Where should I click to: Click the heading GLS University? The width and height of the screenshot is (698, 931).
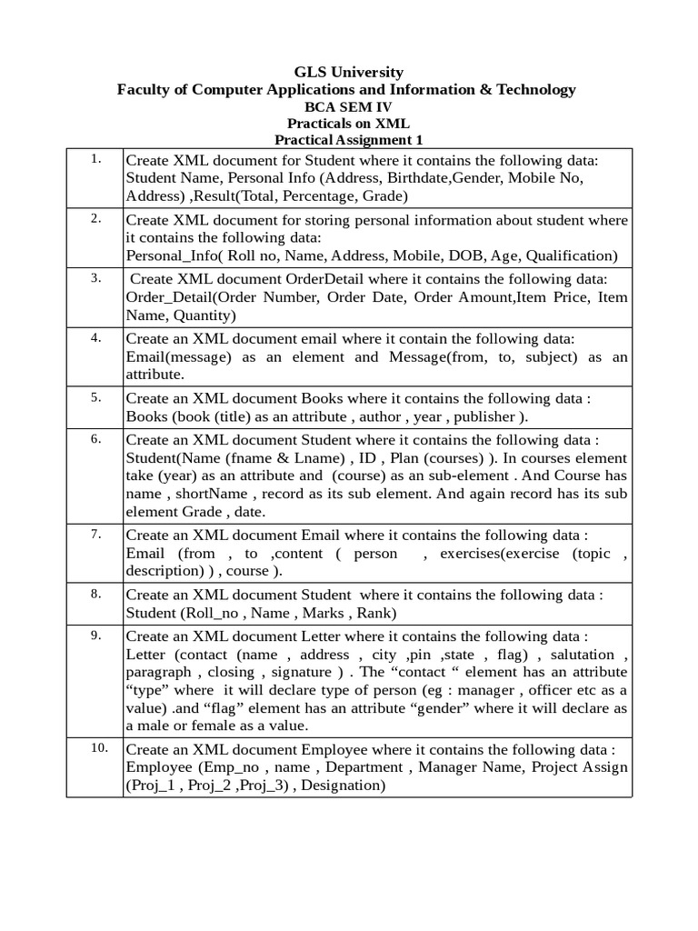348,72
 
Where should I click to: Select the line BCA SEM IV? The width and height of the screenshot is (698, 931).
348,106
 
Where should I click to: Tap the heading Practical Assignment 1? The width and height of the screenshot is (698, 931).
348,140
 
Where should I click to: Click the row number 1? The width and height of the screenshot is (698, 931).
95,159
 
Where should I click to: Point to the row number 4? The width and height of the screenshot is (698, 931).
95,337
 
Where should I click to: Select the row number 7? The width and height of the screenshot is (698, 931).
95,534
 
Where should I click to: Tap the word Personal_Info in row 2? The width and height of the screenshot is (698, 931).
174,255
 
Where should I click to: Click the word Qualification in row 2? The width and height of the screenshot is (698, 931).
571,255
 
